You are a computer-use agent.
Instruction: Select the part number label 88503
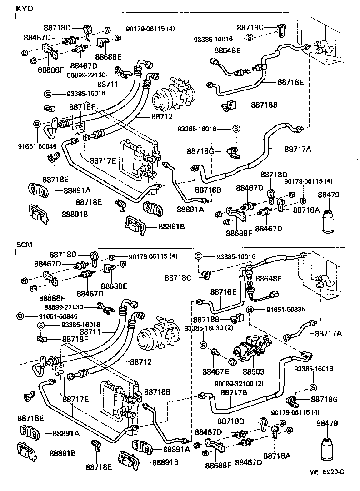[254, 371]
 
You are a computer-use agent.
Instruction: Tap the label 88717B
[234, 392]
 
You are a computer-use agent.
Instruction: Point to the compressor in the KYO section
[173, 93]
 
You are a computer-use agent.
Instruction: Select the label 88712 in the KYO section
[164, 116]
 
